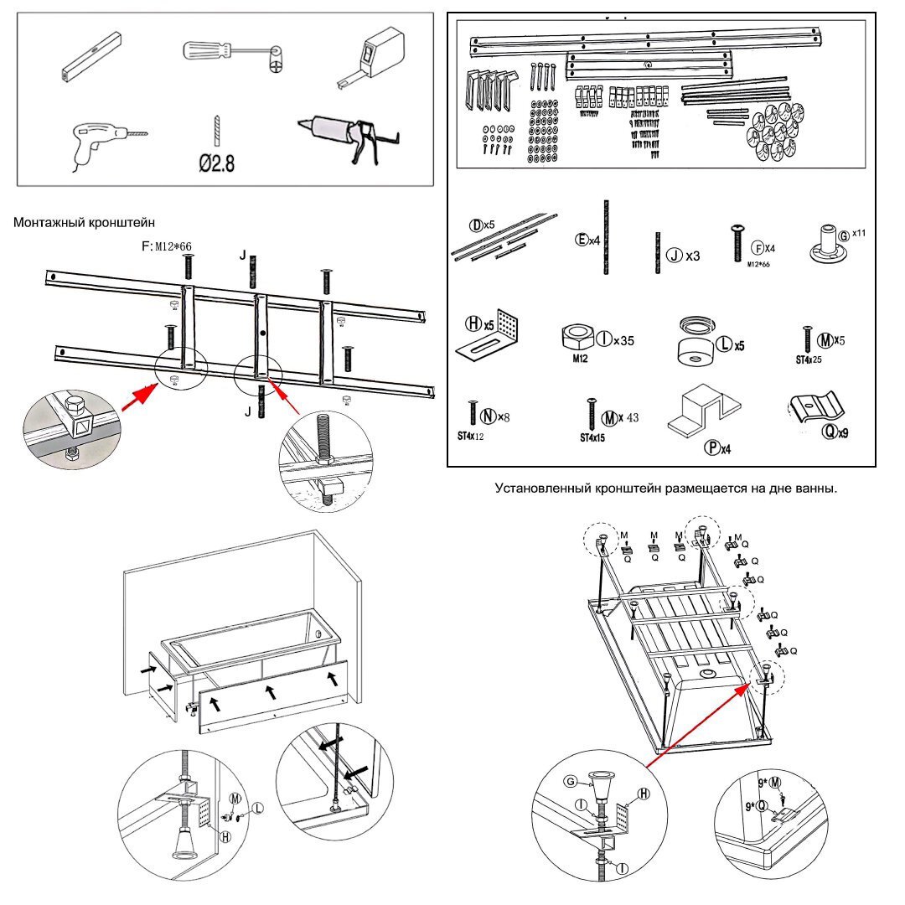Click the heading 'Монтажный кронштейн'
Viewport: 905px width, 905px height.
(x=85, y=222)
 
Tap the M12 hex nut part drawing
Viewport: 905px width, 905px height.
(x=577, y=339)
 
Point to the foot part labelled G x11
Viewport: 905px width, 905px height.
(x=826, y=244)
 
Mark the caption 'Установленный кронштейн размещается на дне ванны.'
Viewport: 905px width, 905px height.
(x=665, y=488)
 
